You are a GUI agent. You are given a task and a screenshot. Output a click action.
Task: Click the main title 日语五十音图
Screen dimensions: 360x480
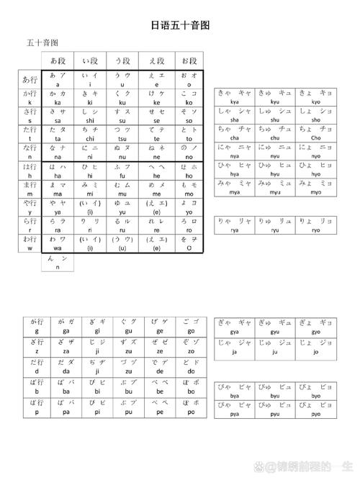pyautogui.click(x=180, y=26)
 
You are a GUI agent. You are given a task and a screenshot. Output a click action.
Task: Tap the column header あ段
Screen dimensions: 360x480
pyautogui.click(x=57, y=60)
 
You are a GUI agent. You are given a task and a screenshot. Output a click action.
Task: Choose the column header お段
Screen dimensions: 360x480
pyautogui.click(x=189, y=60)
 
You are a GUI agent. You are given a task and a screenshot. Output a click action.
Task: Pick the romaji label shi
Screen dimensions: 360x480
pyautogui.click(x=90, y=121)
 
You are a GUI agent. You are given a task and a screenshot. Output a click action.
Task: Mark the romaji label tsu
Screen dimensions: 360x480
pyautogui.click(x=122, y=139)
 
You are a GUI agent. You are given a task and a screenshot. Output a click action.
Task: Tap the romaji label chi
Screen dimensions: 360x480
pyautogui.click(x=90, y=139)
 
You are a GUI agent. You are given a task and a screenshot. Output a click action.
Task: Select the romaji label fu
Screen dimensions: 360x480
pyautogui.click(x=122, y=176)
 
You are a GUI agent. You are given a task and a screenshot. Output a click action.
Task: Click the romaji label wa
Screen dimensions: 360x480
pyautogui.click(x=57, y=248)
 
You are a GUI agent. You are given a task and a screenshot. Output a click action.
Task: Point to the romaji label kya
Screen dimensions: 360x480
pyautogui.click(x=235, y=103)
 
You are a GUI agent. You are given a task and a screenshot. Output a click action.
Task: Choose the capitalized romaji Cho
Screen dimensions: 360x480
pyautogui.click(x=317, y=137)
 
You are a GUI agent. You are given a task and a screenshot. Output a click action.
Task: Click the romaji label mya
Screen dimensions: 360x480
pyautogui.click(x=235, y=192)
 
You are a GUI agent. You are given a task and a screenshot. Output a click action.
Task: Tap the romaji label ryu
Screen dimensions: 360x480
pyautogui.click(x=276, y=230)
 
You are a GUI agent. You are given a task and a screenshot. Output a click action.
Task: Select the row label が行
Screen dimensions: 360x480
pyautogui.click(x=33, y=323)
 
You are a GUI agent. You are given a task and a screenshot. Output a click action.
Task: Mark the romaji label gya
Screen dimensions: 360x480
pyautogui.click(x=235, y=332)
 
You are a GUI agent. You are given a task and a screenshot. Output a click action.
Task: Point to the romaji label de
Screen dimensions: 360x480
pyautogui.click(x=158, y=372)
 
